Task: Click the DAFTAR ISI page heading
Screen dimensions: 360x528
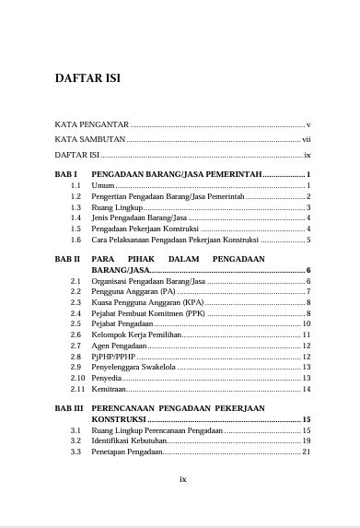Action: coord(88,77)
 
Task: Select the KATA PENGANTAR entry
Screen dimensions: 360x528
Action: coord(91,123)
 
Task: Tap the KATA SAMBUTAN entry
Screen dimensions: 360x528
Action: coord(89,139)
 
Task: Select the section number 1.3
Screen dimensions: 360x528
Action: coord(75,207)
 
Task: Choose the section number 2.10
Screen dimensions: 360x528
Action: coord(76,378)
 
